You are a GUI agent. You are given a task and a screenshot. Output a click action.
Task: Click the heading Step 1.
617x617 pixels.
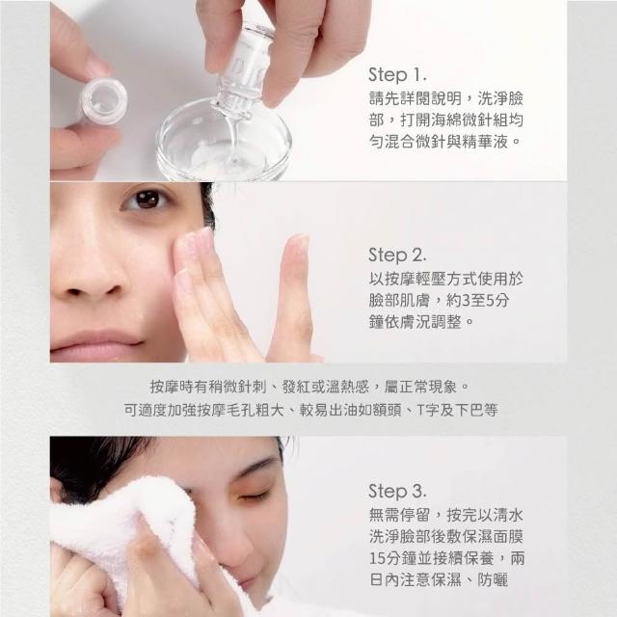point(397,75)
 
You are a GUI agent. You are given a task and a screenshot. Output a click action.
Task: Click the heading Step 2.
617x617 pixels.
point(397,255)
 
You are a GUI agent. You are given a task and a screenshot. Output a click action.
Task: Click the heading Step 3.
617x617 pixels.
point(397,491)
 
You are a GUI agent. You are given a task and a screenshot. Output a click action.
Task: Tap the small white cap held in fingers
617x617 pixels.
point(103,100)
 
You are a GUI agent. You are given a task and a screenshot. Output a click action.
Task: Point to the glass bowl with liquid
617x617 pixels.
point(224,141)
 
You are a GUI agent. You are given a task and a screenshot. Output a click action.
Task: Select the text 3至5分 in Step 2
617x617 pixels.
point(485,301)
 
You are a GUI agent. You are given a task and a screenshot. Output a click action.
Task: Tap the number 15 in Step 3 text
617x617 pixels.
point(377,558)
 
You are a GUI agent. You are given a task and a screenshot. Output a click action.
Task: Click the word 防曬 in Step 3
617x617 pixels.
point(493,580)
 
